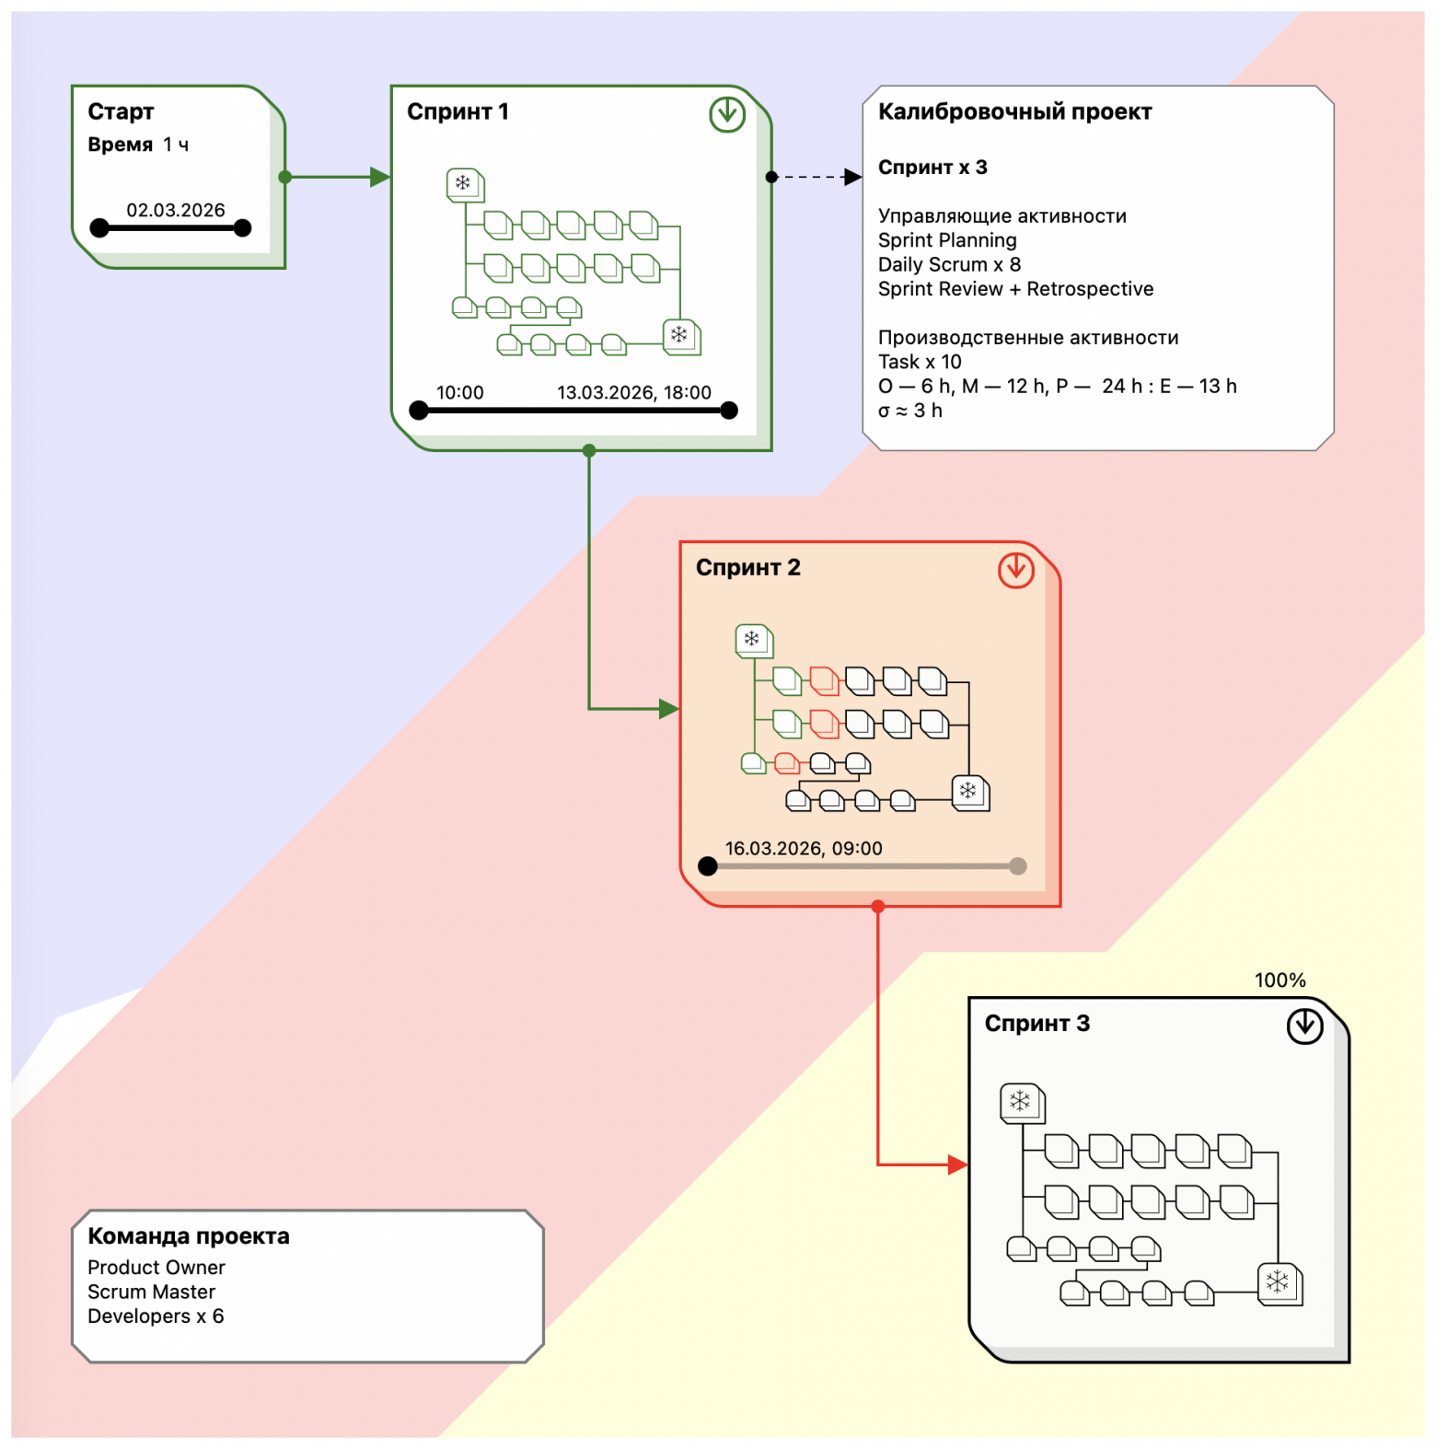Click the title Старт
(121, 111)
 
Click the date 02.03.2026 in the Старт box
(175, 210)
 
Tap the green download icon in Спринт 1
(727, 114)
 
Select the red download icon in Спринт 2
(1015, 570)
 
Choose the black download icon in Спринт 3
(1304, 1026)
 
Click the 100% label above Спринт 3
(1280, 980)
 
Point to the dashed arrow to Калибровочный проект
(815, 177)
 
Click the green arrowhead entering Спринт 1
(380, 177)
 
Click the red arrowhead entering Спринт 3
(957, 1165)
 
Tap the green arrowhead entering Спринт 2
(669, 709)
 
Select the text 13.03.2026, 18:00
(633, 392)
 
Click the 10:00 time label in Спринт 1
(459, 392)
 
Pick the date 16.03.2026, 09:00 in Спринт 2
(803, 848)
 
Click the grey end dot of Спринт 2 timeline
(1017, 866)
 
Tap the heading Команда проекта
(189, 1236)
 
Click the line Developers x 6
(156, 1316)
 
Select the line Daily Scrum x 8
(949, 264)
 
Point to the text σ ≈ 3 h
(909, 411)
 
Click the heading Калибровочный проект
(1014, 111)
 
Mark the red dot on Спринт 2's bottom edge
(878, 907)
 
